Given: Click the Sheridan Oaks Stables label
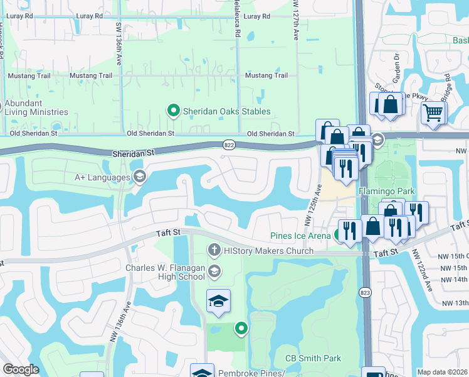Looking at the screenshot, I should point(226,111).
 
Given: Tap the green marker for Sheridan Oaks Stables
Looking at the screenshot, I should point(174,111).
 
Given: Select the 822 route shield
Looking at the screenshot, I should point(229,145).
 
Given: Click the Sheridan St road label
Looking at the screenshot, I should point(133,153).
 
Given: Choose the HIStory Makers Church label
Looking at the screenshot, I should point(268,251).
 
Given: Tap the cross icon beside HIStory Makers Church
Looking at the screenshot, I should point(214,251).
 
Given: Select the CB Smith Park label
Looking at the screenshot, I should point(314,358).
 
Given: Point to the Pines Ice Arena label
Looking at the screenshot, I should point(300,236).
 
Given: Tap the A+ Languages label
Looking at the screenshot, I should point(102,177).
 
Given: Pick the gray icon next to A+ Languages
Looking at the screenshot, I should point(139,177).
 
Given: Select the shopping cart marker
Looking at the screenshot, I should point(433,114).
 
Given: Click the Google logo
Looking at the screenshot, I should point(21,369).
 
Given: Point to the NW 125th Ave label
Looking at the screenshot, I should point(314,205).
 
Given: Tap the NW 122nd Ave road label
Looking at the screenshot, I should point(422,271).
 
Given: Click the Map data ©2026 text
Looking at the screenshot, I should point(442,372).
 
